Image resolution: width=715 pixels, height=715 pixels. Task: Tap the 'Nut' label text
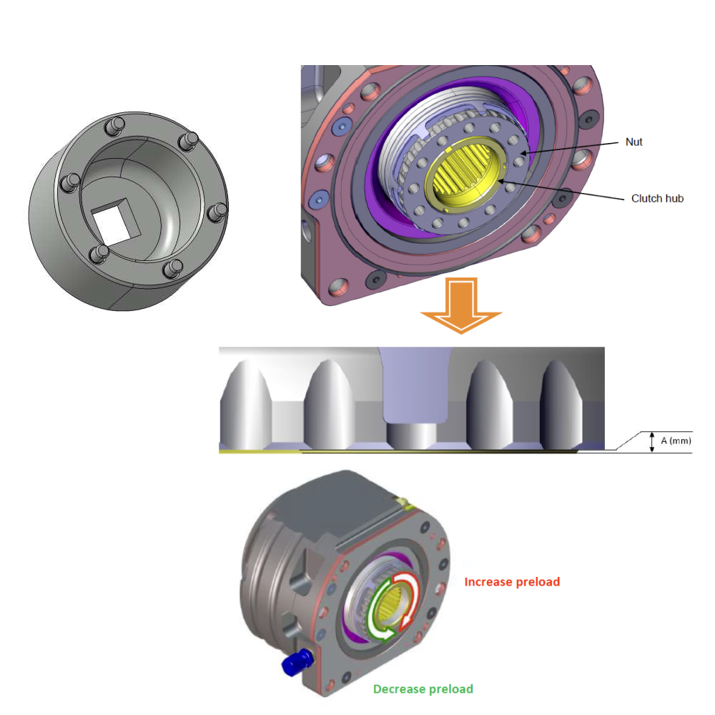click(x=633, y=142)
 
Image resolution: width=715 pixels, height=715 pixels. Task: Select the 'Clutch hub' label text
click(x=657, y=198)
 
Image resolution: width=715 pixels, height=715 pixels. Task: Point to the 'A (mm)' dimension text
click(x=676, y=441)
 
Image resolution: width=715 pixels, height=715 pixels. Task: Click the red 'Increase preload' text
click(x=512, y=582)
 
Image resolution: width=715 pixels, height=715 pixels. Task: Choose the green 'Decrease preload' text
click(x=423, y=689)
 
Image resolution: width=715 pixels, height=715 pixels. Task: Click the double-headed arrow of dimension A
click(x=651, y=442)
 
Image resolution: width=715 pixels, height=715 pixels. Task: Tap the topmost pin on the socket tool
click(x=110, y=127)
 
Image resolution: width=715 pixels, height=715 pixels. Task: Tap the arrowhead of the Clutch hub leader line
click(x=505, y=183)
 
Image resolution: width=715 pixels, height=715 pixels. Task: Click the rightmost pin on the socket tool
click(x=220, y=211)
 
